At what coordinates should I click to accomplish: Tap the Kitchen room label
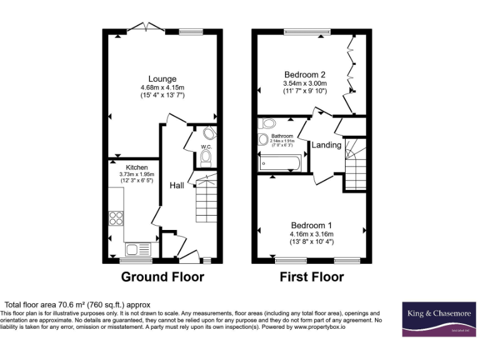tap(137, 167)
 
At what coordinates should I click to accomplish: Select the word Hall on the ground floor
tap(177, 186)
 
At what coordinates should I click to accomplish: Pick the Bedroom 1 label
tap(311, 225)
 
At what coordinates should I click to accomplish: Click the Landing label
tap(326, 145)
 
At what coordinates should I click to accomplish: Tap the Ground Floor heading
tap(162, 277)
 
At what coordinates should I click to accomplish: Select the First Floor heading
tap(311, 277)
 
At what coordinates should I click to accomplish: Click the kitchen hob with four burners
tap(116, 218)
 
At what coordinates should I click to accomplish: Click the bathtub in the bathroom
tap(281, 164)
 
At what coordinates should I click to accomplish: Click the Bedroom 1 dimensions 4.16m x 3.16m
tap(311, 234)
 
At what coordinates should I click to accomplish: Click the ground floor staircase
tap(207, 200)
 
